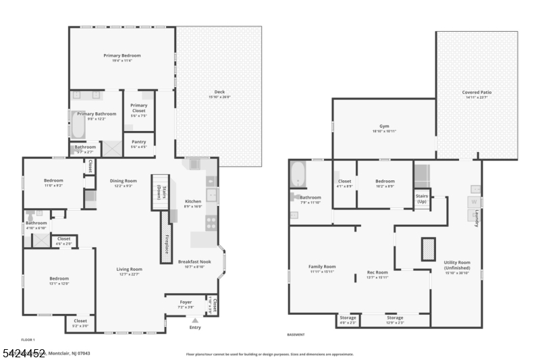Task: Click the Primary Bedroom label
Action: pos(122,55)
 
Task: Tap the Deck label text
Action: pos(219,92)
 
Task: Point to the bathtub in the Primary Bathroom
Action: pos(78,126)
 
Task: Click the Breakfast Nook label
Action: pos(194,261)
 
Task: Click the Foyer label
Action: pos(186,303)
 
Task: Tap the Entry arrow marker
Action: pos(195,319)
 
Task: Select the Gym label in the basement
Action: pos(384,126)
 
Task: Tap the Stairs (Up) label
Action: pos(421,199)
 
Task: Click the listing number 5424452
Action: pos(24,353)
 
